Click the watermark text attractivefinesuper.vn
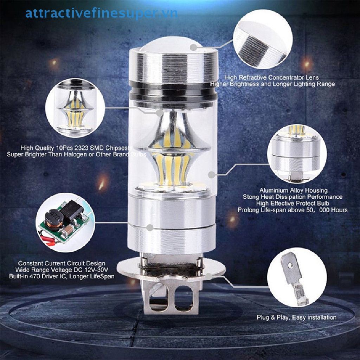pyautogui.click(x=101, y=14)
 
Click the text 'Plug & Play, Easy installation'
pyautogui.click(x=296, y=317)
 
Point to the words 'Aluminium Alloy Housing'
pyautogui.click(x=293, y=191)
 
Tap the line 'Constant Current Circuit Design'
pyautogui.click(x=62, y=263)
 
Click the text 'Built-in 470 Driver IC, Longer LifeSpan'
pyautogui.click(x=62, y=276)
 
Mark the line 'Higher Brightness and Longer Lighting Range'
pyautogui.click(x=272, y=84)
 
